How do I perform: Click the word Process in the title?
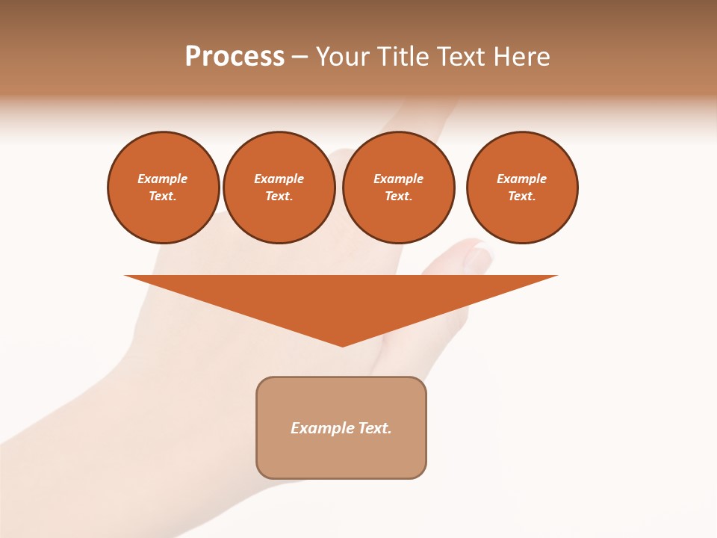235,57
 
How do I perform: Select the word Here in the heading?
522,57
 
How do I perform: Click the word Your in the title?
344,57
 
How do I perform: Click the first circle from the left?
164,188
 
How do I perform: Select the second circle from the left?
279,188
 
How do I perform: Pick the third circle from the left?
399,188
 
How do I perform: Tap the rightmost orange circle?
522,188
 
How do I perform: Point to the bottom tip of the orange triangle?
342,345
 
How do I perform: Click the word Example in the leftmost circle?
163,179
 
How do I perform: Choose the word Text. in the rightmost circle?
522,196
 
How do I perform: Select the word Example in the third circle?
399,179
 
